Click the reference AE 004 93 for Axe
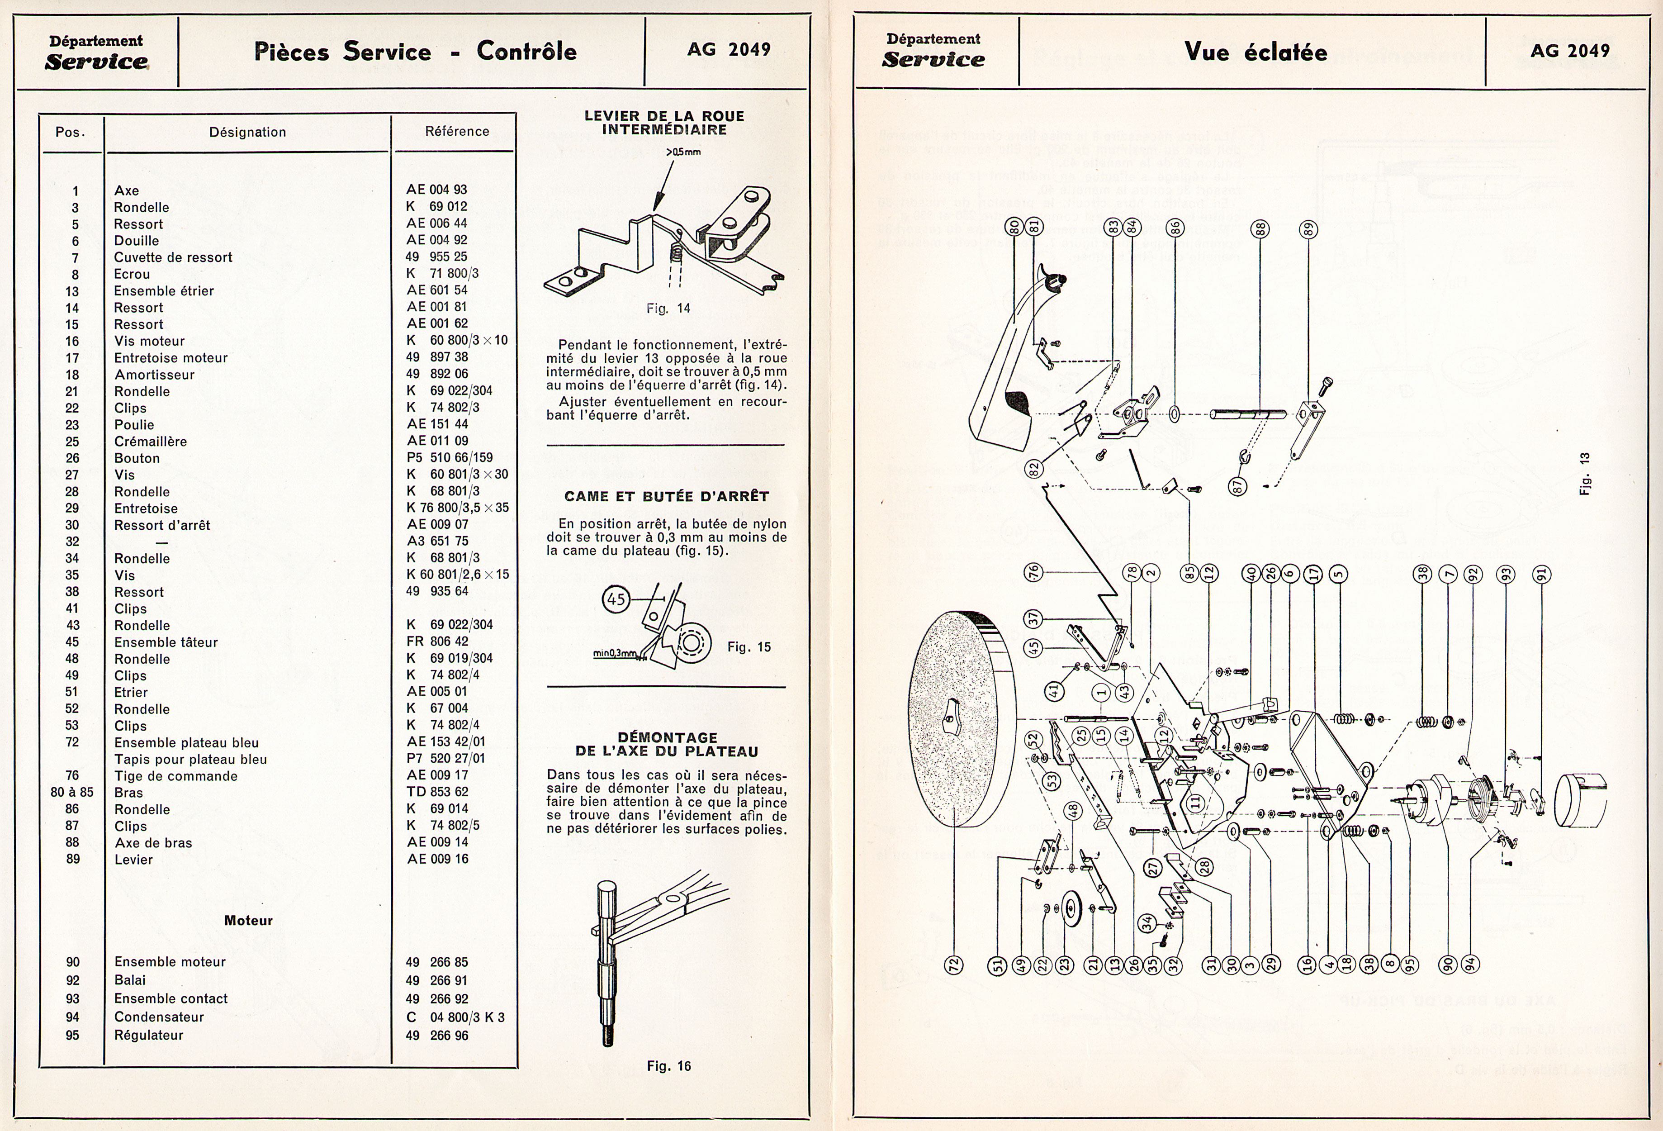(x=436, y=190)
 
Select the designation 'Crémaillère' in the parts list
(x=150, y=442)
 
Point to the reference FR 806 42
(x=437, y=642)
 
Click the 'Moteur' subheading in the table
(x=248, y=921)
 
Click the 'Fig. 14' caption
(x=668, y=309)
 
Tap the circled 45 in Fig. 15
(x=616, y=599)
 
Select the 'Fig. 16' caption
(x=669, y=1066)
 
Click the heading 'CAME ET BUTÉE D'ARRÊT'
(x=666, y=496)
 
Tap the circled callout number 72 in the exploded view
(x=954, y=964)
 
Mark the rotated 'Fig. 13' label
(x=1585, y=473)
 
